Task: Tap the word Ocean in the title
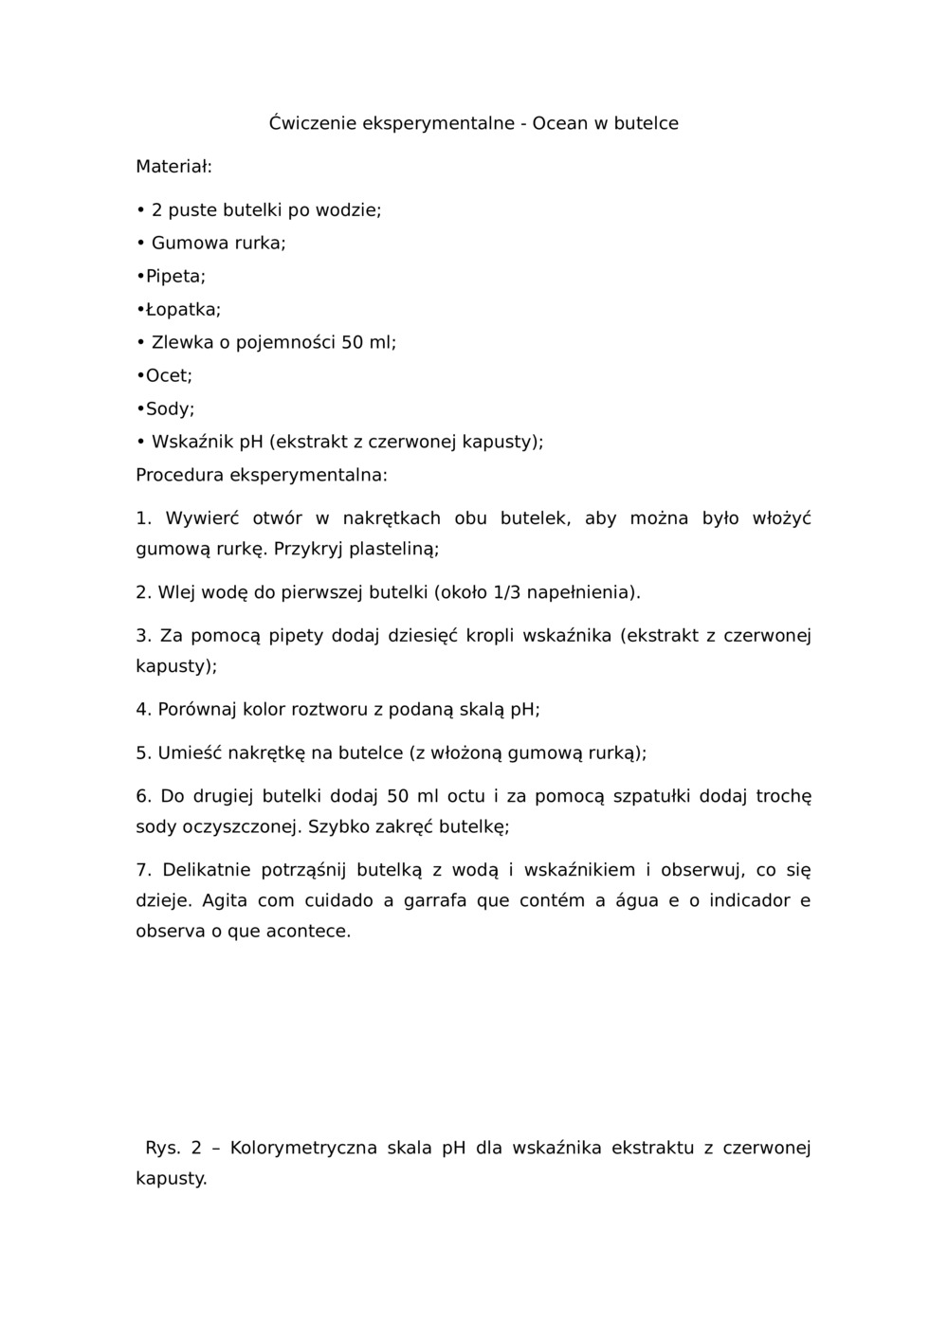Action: click(560, 123)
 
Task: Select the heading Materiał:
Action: click(173, 167)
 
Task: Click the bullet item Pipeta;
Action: click(174, 277)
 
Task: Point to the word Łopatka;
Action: click(183, 310)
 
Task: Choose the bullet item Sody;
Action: click(170, 409)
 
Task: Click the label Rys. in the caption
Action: click(162, 1149)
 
